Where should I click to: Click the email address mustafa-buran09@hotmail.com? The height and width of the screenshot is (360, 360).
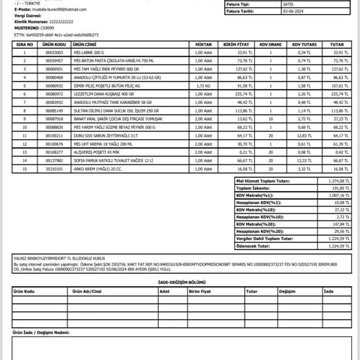[60, 9]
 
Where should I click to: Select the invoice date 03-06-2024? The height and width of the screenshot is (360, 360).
[293, 11]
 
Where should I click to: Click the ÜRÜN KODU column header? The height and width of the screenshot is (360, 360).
[54, 45]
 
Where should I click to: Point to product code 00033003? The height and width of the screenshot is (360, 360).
[54, 52]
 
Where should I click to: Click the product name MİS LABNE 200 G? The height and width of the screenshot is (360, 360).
[89, 52]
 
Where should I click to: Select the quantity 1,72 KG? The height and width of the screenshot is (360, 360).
[202, 86]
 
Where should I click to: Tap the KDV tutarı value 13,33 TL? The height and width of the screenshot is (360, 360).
[305, 161]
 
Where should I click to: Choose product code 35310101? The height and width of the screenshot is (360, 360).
[54, 169]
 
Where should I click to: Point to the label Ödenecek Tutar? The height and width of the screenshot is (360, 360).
[253, 246]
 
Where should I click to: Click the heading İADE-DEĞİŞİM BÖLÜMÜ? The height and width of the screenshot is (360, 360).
[182, 282]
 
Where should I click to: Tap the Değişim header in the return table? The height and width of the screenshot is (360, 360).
[287, 292]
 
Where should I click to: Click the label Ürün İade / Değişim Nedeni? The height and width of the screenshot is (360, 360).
[41, 332]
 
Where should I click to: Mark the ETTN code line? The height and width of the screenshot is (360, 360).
[56, 35]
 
